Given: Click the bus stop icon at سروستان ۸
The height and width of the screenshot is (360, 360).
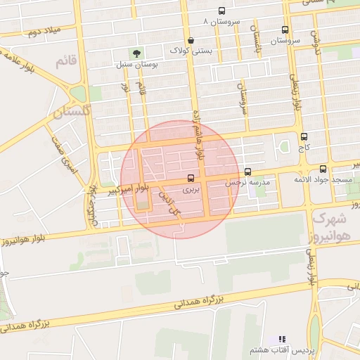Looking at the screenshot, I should click(x=222, y=11).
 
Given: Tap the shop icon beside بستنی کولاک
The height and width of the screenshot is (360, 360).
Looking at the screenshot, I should click(x=191, y=40).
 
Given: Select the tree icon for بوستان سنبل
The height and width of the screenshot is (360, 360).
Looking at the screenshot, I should click(x=136, y=53).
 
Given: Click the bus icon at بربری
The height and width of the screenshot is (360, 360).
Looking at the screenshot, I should click(x=191, y=179).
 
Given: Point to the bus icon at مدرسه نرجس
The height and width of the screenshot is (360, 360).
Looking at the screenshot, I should click(x=247, y=172).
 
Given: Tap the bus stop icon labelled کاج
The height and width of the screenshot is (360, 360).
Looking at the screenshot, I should click(x=304, y=136).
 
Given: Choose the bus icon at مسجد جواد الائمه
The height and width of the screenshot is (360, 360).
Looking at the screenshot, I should click(x=323, y=169).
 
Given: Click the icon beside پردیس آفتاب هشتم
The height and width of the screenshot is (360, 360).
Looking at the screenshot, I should click(x=283, y=340).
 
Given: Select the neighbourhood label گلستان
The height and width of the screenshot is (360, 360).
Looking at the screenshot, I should click(x=71, y=111).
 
